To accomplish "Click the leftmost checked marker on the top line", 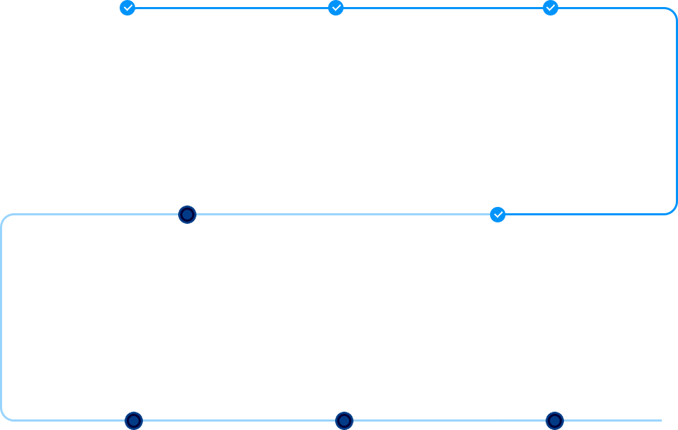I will point(127,8).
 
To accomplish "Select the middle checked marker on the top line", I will point(336,8).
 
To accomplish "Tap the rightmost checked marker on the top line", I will point(551,8).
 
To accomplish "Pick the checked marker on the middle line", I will point(498,214).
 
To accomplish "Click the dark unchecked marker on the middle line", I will point(187,214).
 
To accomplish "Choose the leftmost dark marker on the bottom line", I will point(134,421).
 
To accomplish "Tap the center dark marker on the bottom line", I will point(344,421).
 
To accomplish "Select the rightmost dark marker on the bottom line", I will point(555,421).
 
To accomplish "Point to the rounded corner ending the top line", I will point(672,12).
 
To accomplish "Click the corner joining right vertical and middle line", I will point(672,210).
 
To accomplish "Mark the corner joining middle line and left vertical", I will point(6,218).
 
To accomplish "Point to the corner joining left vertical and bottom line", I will point(6,417).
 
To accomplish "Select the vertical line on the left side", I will point(2,317).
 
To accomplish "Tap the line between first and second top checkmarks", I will point(232,8).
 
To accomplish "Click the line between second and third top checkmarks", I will point(444,8).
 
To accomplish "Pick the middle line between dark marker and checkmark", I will point(341,214).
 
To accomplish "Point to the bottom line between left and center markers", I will point(239,421).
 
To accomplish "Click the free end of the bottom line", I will point(660,421).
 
